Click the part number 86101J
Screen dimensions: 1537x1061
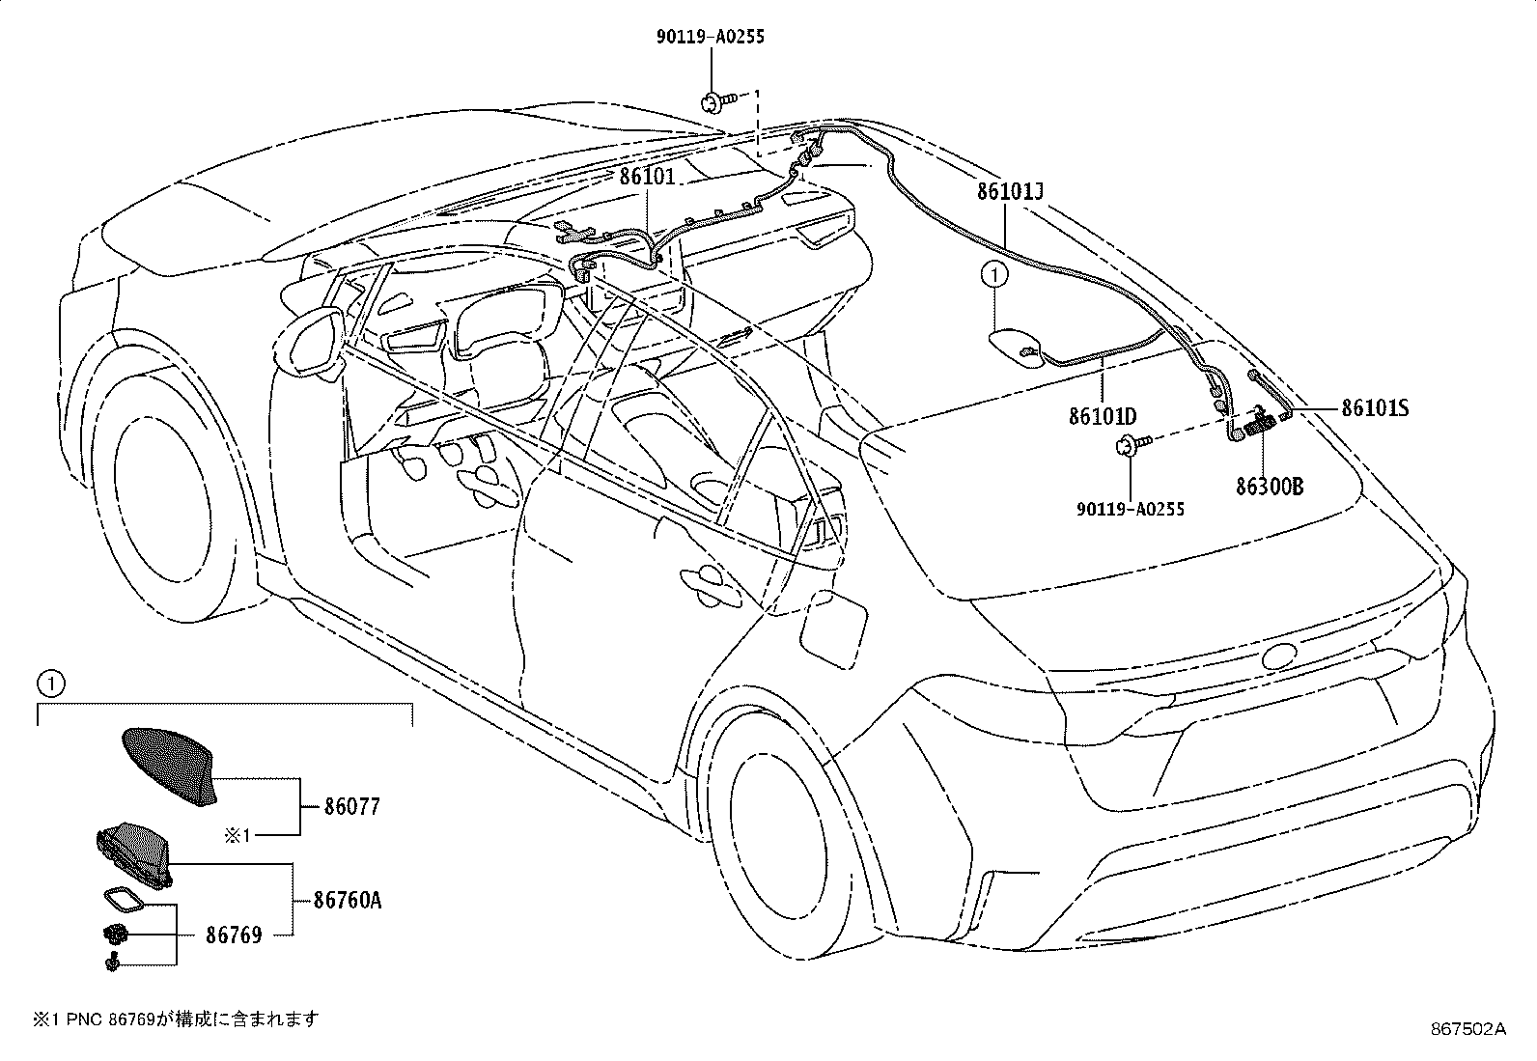click(1009, 191)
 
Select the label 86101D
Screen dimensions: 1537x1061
click(1103, 416)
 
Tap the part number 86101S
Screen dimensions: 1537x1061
click(1375, 408)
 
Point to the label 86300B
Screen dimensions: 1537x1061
click(1270, 487)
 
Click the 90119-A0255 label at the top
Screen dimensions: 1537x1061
click(711, 37)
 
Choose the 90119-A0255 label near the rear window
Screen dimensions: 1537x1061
click(1131, 509)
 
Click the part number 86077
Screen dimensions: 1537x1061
click(352, 806)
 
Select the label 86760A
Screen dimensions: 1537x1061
click(348, 900)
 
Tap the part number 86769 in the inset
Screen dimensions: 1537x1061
click(234, 935)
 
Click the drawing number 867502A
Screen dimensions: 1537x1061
click(1468, 1029)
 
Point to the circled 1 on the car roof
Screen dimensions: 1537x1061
click(994, 275)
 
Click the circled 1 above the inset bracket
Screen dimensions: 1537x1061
click(51, 684)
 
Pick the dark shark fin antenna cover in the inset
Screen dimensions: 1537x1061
click(169, 767)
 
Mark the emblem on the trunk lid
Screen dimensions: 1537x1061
click(1279, 656)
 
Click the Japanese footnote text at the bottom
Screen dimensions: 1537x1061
click(176, 1019)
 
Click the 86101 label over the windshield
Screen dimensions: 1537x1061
click(647, 177)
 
